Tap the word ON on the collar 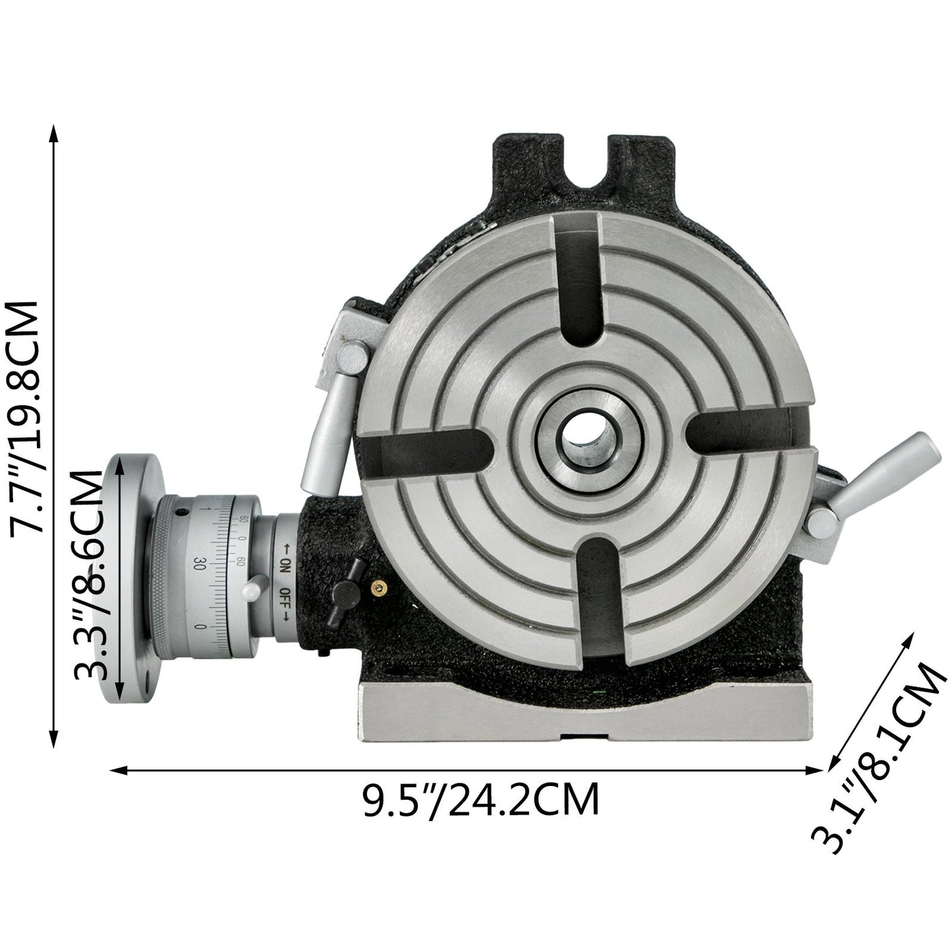tap(285, 563)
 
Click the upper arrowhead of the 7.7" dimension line tap(53, 132)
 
